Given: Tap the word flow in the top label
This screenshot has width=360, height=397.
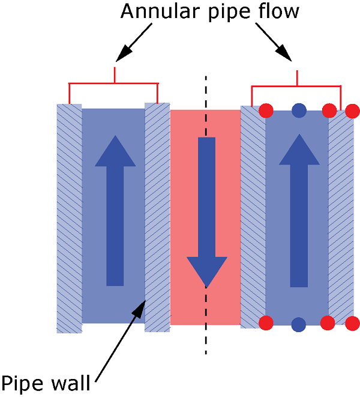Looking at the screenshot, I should click(278, 12).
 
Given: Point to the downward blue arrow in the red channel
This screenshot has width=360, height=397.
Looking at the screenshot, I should click(206, 210).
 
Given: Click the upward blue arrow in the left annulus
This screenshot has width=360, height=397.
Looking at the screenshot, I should click(115, 210).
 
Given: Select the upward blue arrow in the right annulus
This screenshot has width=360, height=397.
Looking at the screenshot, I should click(298, 210).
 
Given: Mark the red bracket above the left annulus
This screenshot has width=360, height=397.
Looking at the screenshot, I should click(113, 83).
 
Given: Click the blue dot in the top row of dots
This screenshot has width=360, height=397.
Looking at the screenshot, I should click(298, 110).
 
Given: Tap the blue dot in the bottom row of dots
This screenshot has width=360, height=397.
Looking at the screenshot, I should click(298, 324).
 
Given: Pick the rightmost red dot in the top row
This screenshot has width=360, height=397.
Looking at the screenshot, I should click(353, 111).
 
